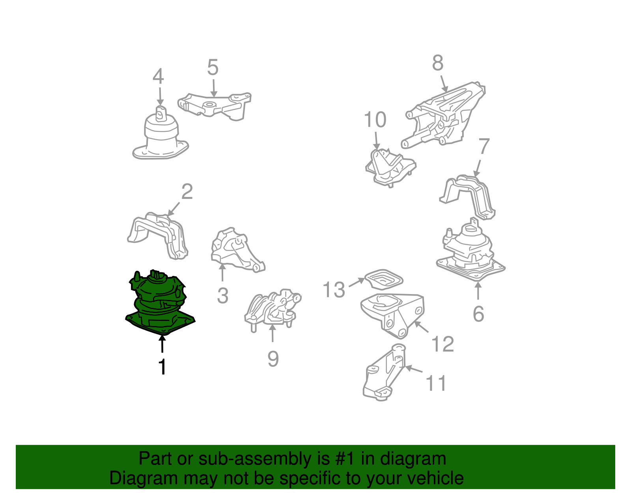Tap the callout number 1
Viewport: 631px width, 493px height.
point(162,367)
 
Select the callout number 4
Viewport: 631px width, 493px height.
point(158,77)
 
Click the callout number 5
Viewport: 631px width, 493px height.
point(213,67)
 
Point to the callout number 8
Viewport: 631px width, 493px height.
point(438,63)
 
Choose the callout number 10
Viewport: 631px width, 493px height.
point(375,119)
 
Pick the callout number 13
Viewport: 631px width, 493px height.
point(334,290)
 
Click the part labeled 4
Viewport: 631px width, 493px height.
point(161,134)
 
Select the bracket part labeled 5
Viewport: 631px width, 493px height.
point(214,107)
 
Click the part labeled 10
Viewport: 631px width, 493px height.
point(390,167)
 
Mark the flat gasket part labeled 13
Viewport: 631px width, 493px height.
point(384,279)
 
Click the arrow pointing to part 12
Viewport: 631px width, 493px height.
point(421,327)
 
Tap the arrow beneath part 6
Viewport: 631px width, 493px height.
point(478,291)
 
